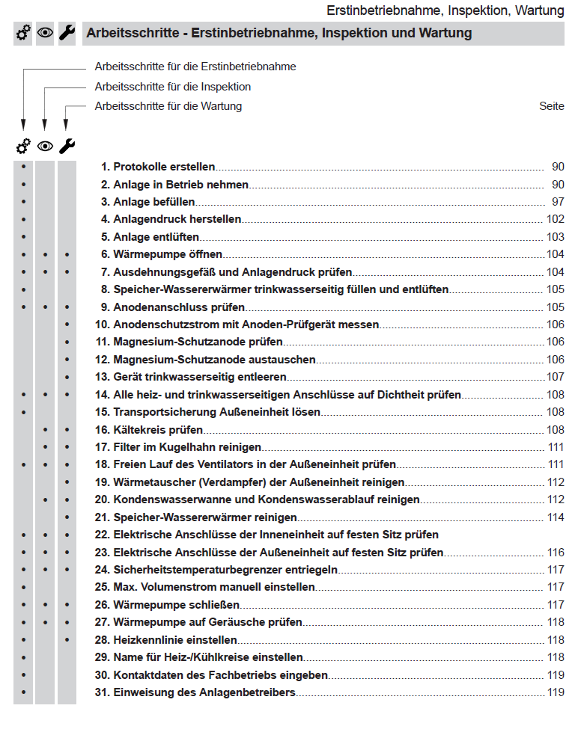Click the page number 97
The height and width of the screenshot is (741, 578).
pyautogui.click(x=558, y=202)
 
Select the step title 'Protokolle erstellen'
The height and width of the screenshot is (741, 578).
pyautogui.click(x=164, y=167)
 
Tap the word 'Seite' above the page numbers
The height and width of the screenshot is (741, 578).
pyautogui.click(x=552, y=106)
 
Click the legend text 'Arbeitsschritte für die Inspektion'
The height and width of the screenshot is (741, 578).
pyautogui.click(x=173, y=87)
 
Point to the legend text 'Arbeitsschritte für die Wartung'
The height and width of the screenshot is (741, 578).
pyautogui.click(x=168, y=106)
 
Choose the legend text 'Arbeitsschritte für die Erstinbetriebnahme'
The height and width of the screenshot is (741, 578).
pyautogui.click(x=195, y=67)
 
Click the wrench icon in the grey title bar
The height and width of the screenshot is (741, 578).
pyautogui.click(x=67, y=33)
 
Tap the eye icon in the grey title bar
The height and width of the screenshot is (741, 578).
pyautogui.click(x=46, y=33)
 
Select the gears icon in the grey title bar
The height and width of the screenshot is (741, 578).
pyautogui.click(x=24, y=33)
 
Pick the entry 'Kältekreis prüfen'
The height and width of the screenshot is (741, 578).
pyautogui.click(x=158, y=430)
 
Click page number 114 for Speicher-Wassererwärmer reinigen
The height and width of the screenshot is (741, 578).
pyautogui.click(x=556, y=517)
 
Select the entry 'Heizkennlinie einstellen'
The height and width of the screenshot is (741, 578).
pyautogui.click(x=175, y=640)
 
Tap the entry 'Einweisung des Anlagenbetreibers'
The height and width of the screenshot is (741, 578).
pyautogui.click(x=204, y=692)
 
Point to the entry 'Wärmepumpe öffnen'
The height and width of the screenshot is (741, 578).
pyautogui.click(x=168, y=254)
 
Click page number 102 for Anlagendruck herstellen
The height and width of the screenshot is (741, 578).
pyautogui.click(x=556, y=219)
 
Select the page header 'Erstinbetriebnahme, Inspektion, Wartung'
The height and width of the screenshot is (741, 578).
pyautogui.click(x=445, y=10)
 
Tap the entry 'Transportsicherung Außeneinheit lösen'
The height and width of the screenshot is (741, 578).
pyautogui.click(x=216, y=412)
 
